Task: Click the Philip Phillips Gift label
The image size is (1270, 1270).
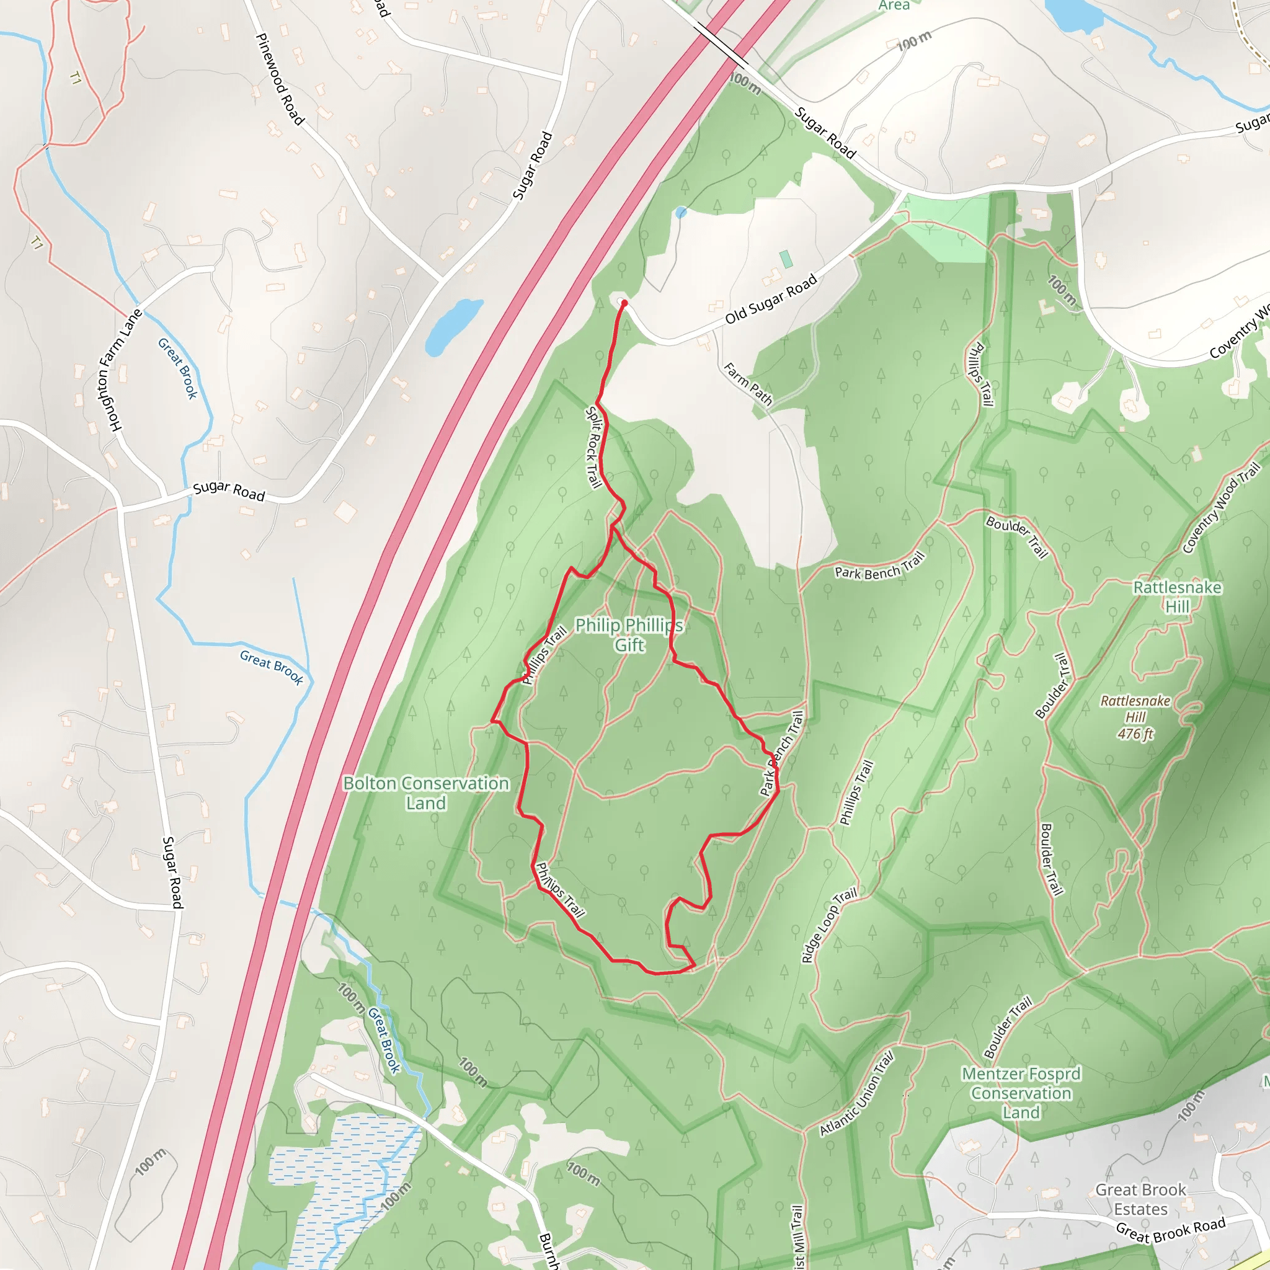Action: [629, 634]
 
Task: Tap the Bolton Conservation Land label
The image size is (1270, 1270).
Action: [426, 793]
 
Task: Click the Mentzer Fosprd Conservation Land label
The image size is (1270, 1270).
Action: [1021, 1093]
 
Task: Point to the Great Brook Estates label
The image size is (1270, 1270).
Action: [1140, 1199]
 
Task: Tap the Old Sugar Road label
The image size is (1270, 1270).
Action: [771, 298]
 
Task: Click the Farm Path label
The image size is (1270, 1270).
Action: [748, 383]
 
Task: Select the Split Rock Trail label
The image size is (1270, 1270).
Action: [593, 447]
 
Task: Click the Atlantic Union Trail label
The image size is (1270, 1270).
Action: [856, 1094]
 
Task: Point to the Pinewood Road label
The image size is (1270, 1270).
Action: [280, 79]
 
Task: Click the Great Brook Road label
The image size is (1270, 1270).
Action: [1171, 1230]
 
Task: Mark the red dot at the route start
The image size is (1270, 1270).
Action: [624, 303]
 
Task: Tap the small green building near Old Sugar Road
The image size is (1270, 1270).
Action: [786, 259]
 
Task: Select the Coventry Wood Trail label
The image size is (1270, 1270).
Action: [1222, 508]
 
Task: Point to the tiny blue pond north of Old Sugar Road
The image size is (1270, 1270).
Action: [681, 212]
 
